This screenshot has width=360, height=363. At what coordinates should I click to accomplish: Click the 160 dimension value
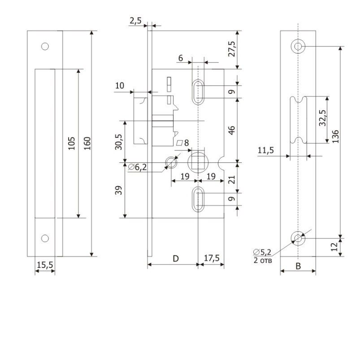click(x=87, y=144)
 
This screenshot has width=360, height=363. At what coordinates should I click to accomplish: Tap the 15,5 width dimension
click(x=45, y=266)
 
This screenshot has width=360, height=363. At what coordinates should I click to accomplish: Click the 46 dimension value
click(x=232, y=131)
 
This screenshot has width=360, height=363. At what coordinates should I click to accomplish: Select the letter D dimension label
click(x=176, y=258)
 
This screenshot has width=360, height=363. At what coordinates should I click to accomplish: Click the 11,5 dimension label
click(x=266, y=151)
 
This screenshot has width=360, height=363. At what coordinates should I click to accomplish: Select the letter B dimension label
click(x=298, y=265)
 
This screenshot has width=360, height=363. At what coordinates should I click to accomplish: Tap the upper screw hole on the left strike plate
click(x=44, y=46)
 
